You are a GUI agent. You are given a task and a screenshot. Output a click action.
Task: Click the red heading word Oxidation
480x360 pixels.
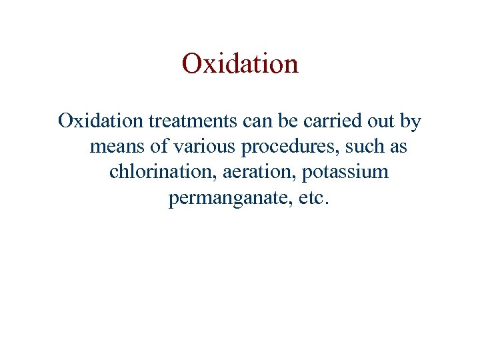coord(240,64)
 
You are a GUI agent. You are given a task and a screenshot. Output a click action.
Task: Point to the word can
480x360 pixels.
coord(257,121)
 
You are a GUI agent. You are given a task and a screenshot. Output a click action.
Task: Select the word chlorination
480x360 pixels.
coord(157,172)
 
